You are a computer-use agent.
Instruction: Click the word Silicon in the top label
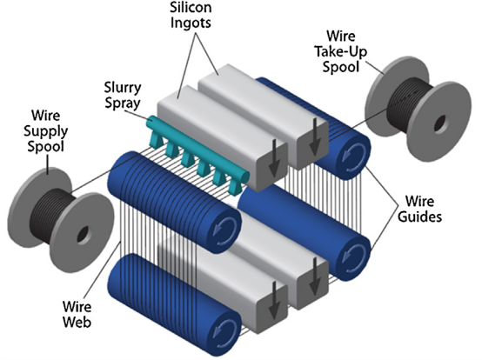(191, 7)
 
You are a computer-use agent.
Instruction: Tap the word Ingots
(191, 23)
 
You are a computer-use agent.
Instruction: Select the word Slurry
(123, 88)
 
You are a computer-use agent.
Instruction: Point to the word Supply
(46, 132)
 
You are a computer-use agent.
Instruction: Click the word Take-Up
(340, 51)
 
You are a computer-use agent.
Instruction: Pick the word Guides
(419, 217)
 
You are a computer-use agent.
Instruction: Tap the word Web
(77, 323)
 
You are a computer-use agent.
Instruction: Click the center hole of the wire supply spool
(83, 235)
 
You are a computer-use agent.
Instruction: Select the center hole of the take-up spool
(439, 123)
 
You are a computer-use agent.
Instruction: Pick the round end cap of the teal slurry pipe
(245, 177)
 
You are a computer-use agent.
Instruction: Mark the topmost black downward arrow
(315, 137)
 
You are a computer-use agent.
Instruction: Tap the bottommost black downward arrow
(274, 301)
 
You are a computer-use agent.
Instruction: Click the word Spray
(123, 103)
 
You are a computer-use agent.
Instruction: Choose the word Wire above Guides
(419, 202)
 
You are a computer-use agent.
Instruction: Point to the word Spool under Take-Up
(340, 67)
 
